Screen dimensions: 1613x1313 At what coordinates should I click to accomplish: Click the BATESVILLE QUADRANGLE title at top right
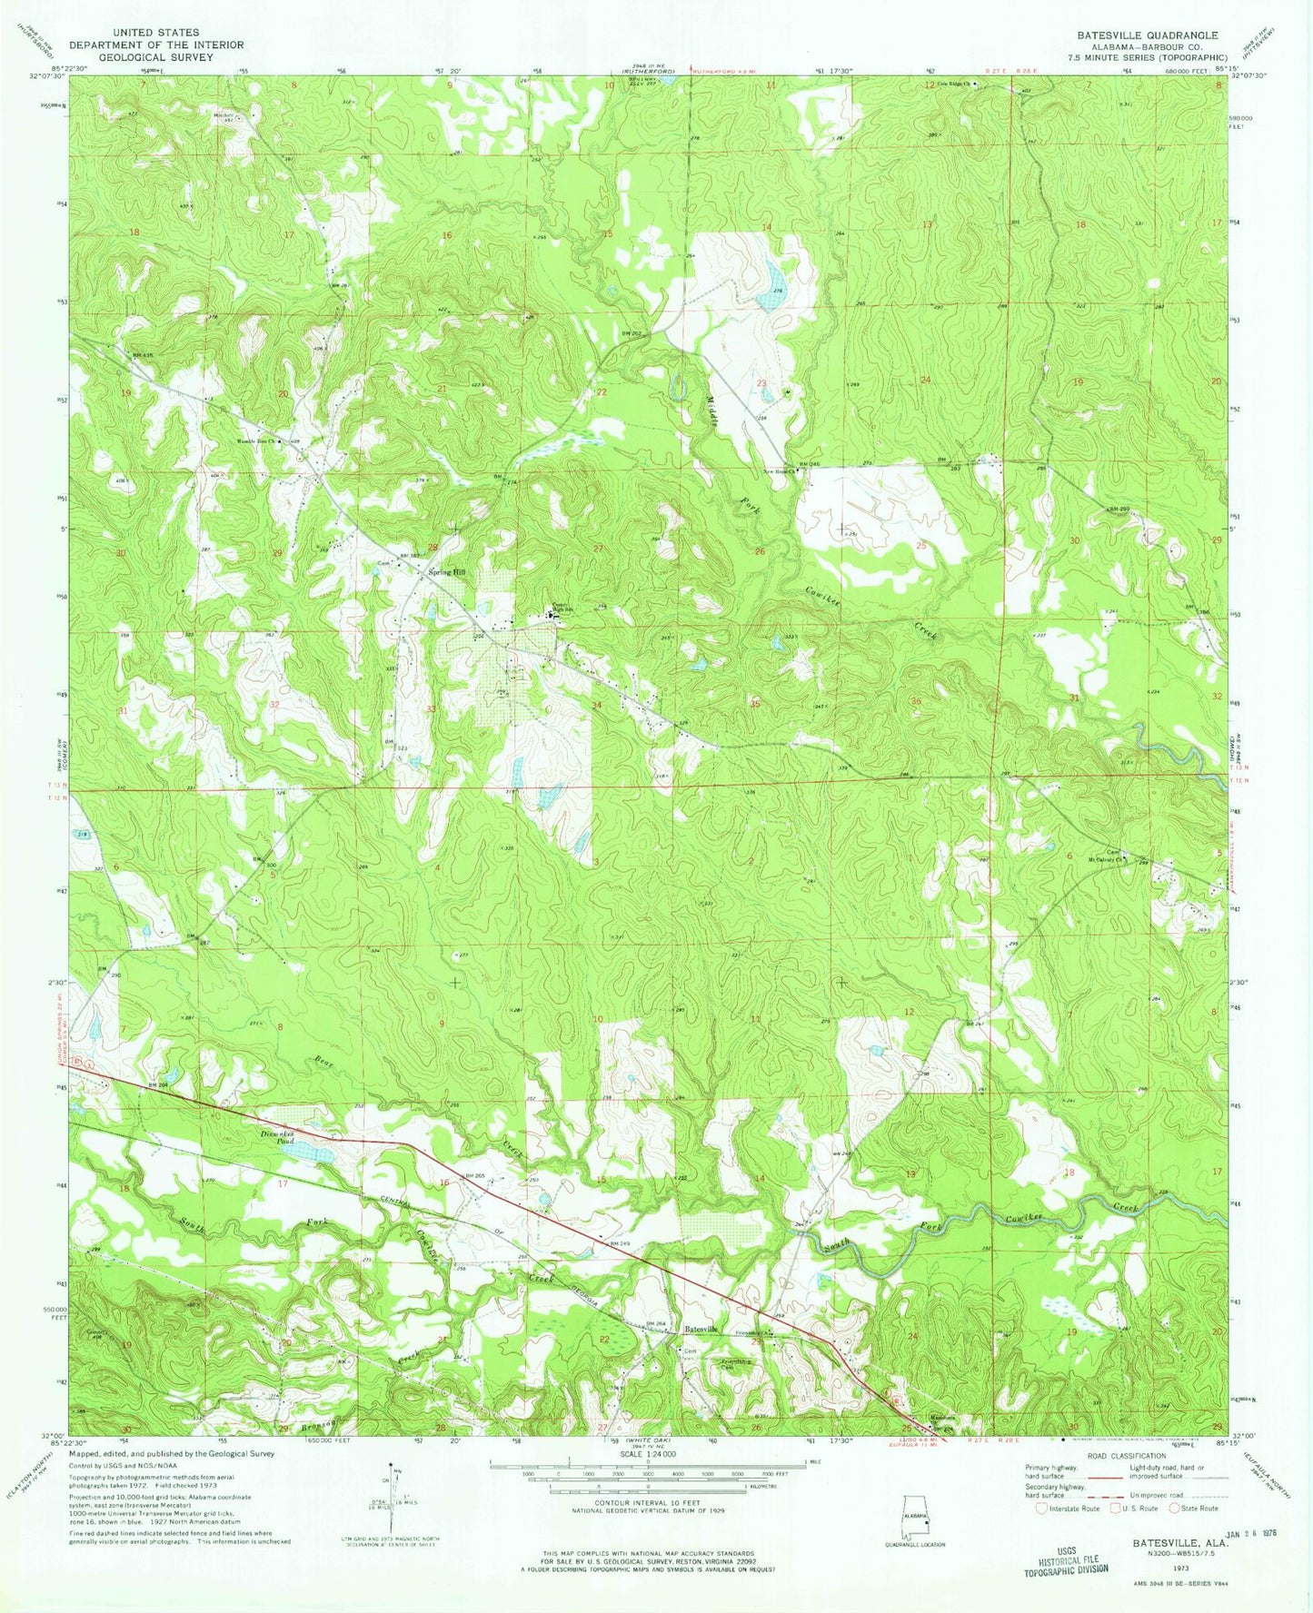1148,35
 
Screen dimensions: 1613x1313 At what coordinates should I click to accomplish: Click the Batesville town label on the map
701,1329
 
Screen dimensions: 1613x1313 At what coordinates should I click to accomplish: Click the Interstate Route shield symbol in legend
1041,1509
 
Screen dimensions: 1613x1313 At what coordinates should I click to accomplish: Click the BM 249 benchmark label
620,1242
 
